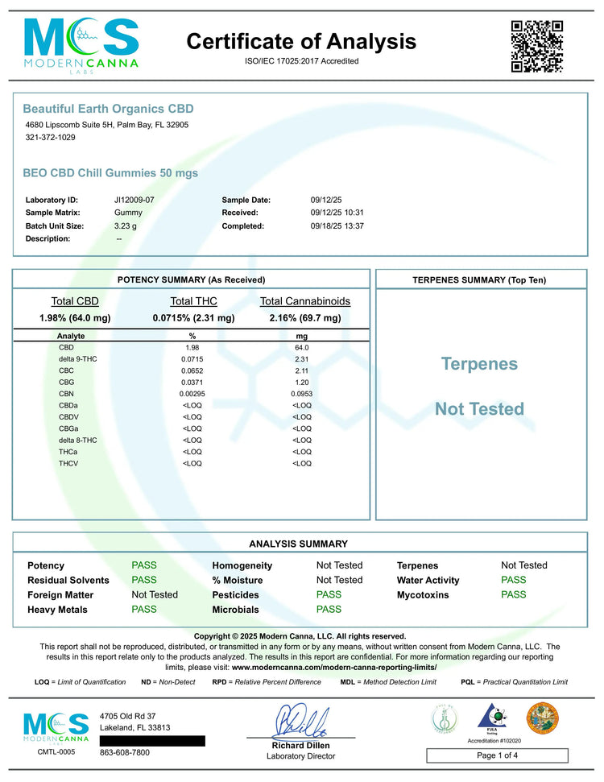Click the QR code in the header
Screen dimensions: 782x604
click(x=536, y=47)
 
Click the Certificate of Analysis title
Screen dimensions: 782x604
click(x=302, y=41)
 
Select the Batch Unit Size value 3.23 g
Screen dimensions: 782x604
click(x=126, y=226)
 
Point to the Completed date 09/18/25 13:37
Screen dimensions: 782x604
click(x=337, y=226)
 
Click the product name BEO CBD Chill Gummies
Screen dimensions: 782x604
click(x=110, y=173)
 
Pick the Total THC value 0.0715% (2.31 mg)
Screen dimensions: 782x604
click(x=193, y=318)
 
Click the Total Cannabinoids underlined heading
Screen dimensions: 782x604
click(x=305, y=301)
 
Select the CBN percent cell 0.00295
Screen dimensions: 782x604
click(x=192, y=393)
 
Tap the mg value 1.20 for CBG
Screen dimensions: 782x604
click(x=302, y=381)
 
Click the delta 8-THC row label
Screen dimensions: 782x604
click(x=77, y=440)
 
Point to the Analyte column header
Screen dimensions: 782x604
click(x=71, y=336)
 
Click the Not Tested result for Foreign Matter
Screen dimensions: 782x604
click(x=155, y=594)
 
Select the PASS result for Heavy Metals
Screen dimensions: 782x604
click(x=144, y=610)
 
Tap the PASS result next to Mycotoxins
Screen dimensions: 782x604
click(x=513, y=594)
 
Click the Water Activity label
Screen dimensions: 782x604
click(x=428, y=580)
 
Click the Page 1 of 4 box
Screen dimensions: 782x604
click(x=497, y=755)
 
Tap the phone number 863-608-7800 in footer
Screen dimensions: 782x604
click(x=125, y=753)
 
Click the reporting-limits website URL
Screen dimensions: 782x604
click(x=333, y=667)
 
